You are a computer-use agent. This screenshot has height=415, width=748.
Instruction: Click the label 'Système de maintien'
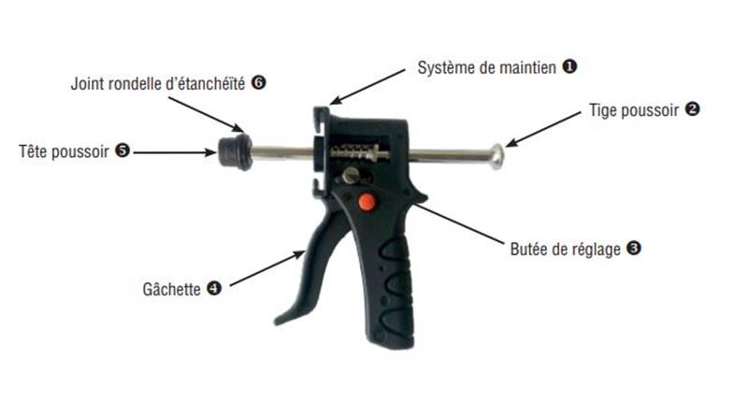coord(486,67)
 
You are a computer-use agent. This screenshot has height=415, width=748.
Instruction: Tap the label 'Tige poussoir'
coord(634,110)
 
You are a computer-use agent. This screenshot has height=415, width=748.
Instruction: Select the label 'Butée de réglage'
coord(566,249)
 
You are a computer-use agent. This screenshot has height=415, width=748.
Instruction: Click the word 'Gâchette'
coord(172,289)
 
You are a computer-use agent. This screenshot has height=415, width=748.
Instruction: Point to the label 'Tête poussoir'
coord(64,151)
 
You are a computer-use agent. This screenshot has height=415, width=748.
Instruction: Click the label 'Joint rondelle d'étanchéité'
coord(158,84)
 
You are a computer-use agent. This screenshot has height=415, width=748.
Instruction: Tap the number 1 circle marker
coord(569,66)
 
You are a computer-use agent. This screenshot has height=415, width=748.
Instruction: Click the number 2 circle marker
coord(692,108)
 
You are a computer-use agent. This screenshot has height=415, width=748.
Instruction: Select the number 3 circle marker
coord(634,248)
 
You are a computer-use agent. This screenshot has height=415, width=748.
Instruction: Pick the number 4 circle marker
coord(214,288)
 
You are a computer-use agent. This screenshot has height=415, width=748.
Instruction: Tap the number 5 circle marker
coord(122,150)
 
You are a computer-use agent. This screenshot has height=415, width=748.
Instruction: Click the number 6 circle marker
coord(259,82)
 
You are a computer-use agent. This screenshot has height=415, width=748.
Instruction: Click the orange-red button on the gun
coord(367,202)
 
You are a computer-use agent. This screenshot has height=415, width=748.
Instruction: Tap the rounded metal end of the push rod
coord(497,156)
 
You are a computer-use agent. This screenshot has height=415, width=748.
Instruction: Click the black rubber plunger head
coord(236,151)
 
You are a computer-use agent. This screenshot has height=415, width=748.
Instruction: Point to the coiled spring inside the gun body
coord(353,151)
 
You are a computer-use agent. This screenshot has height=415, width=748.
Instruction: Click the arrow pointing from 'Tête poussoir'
coord(175,152)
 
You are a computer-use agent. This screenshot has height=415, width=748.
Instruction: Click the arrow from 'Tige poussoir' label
coord(543,130)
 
